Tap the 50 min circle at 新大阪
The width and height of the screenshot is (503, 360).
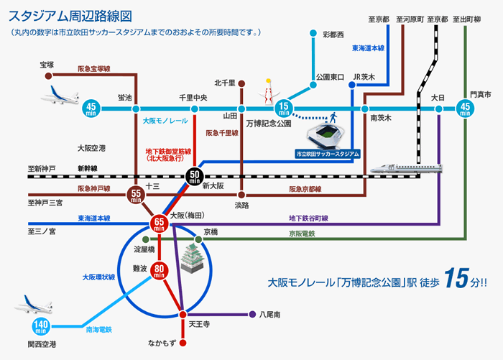195,175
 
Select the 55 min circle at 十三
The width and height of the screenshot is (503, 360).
136,194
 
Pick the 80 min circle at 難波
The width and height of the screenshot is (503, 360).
160,271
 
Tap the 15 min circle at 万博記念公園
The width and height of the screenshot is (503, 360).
283,109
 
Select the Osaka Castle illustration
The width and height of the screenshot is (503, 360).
195,259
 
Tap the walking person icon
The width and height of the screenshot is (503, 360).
333,116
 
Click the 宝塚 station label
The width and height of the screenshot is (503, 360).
47,65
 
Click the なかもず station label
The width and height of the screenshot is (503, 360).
183,343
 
